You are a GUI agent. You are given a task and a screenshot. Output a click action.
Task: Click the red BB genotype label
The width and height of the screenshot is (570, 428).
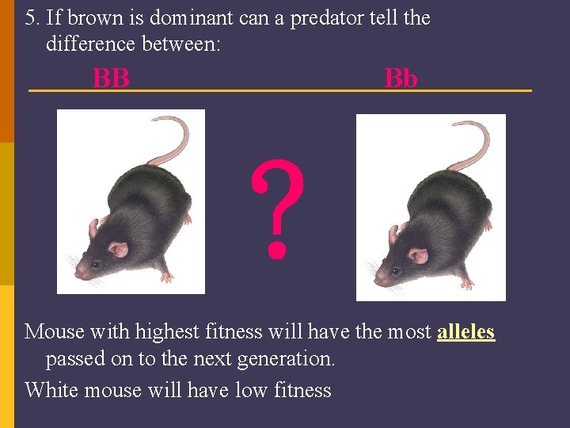pyautogui.click(x=111, y=78)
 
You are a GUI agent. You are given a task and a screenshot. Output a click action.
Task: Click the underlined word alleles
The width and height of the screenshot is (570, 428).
pyautogui.click(x=465, y=331)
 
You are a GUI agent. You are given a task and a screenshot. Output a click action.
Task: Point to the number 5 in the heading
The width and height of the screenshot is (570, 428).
pyautogui.click(x=30, y=17)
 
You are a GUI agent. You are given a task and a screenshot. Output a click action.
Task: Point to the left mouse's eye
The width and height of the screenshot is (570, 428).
pyautogui.click(x=96, y=263)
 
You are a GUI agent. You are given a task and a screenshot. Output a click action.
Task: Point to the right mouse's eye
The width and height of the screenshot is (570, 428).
pyautogui.click(x=394, y=270)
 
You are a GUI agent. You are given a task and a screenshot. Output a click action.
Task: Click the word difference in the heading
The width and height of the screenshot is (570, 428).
pyautogui.click(x=89, y=44)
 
